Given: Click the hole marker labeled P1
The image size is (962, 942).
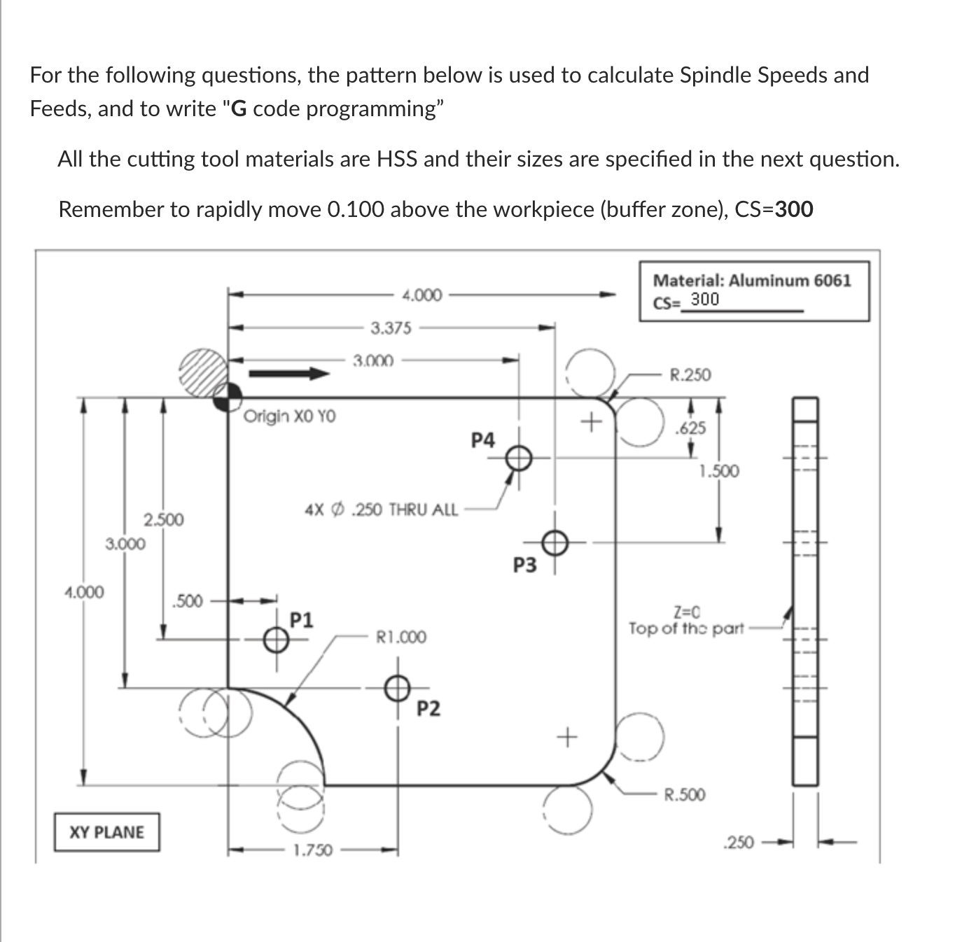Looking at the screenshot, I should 276,639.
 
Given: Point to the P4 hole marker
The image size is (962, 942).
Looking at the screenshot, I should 518,458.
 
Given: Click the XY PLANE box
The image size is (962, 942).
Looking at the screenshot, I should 107,832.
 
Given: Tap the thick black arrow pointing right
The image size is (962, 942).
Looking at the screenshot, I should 289,374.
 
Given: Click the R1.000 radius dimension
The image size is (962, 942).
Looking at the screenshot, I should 400,638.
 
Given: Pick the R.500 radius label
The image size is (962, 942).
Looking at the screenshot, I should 684,795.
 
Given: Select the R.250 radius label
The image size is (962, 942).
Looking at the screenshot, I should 690,375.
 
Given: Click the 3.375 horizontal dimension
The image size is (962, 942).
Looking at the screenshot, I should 391,328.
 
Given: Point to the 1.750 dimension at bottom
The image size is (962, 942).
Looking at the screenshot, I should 312,851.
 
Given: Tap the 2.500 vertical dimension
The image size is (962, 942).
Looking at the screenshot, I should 164,520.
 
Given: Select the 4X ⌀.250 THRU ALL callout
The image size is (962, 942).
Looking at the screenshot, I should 382,509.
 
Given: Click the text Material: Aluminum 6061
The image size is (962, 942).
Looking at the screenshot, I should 752,281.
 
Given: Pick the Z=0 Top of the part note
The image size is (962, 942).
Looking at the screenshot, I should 686,621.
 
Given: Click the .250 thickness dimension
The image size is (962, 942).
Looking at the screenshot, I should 739,843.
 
